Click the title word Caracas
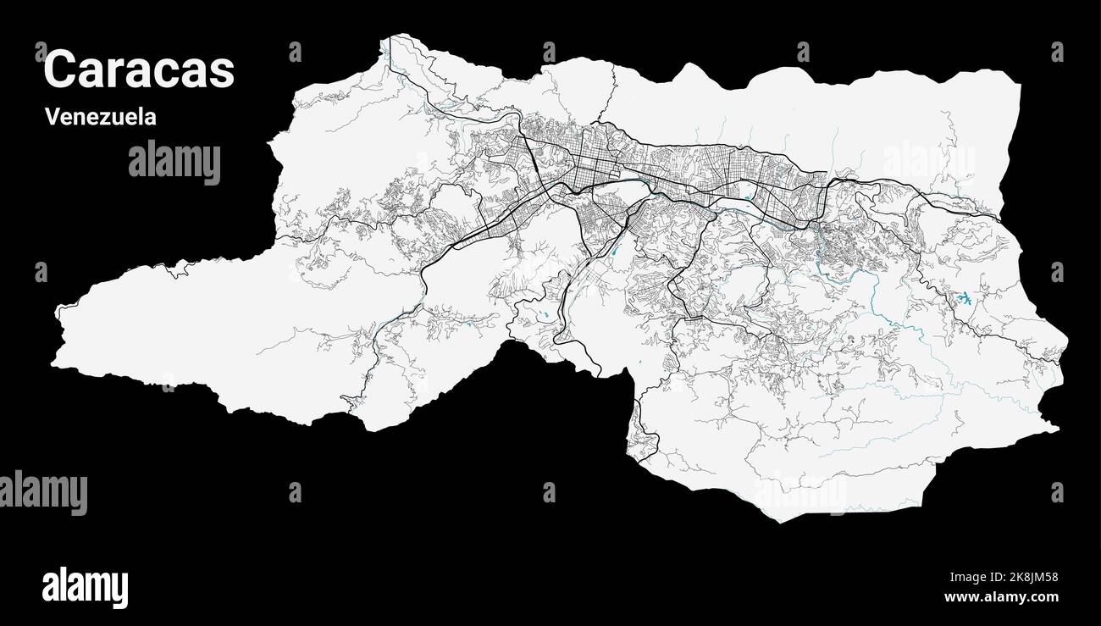(139, 69)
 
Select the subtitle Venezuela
(101, 117)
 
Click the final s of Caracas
(223, 73)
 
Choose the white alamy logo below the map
(85, 587)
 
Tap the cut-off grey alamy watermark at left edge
(42, 491)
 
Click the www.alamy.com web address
(1001, 597)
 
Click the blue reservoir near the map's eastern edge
(964, 298)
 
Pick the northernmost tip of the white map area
(392, 36)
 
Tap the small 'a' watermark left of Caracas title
(41, 53)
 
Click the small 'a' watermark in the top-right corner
(1056, 53)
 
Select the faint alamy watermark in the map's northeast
(928, 160)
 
